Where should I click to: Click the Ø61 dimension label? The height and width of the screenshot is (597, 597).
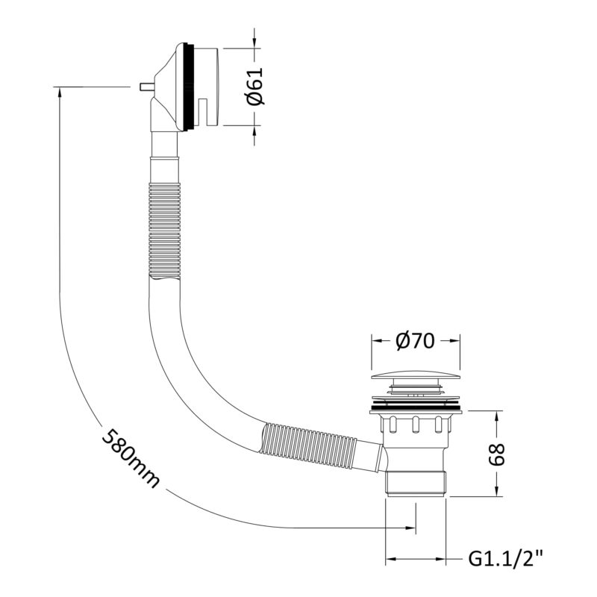[254, 86]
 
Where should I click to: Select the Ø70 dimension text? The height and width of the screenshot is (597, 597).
[415, 341]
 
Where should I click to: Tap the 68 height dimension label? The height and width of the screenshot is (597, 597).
[496, 454]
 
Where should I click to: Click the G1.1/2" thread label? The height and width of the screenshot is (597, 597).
[505, 559]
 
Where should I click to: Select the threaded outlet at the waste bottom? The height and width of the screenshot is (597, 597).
[416, 483]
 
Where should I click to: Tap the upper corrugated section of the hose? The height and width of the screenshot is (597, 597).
[164, 231]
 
